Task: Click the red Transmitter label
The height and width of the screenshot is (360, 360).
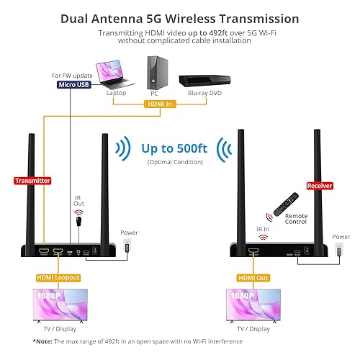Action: tap(32, 181)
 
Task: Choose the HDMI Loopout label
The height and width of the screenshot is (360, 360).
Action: tap(58, 276)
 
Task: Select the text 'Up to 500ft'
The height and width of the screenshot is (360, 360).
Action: tap(176, 150)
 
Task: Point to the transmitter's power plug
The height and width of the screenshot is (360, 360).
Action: tap(128, 248)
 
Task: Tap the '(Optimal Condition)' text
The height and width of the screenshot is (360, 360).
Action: tap(175, 163)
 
